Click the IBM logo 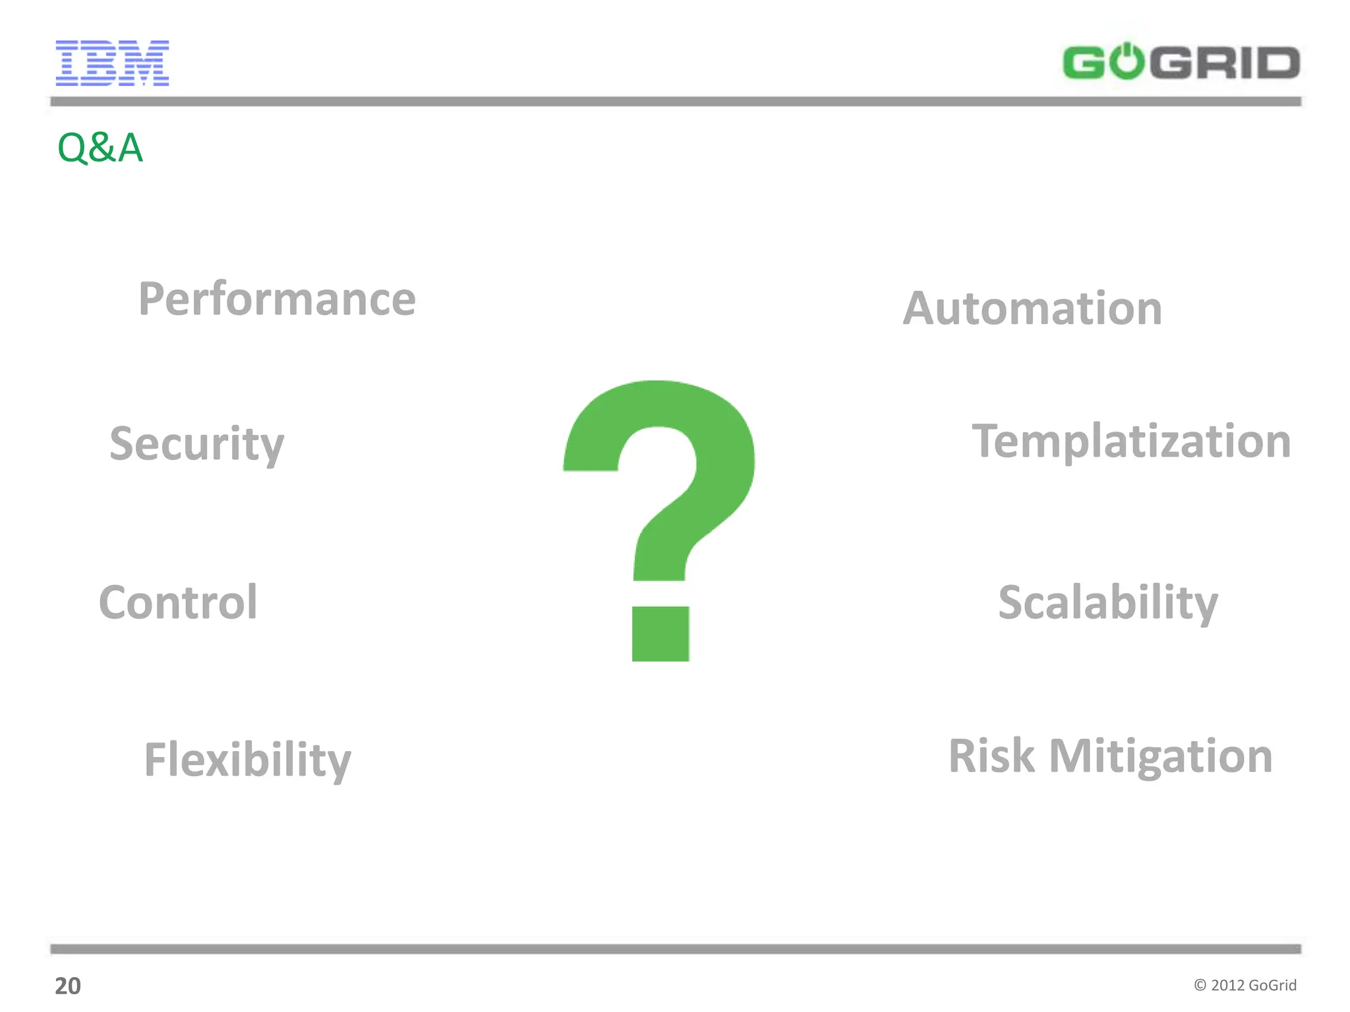tap(112, 63)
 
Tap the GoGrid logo tap(1181, 62)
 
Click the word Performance tap(277, 299)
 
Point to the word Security tap(196, 443)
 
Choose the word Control tap(178, 602)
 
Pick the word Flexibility tap(247, 760)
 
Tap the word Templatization tap(1131, 441)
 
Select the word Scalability tap(1108, 602)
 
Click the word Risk tap(991, 756)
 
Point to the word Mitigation tap(1161, 756)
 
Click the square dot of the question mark tap(660, 633)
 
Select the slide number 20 tap(67, 986)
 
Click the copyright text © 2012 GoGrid tap(1245, 985)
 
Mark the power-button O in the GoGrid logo tap(1128, 62)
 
